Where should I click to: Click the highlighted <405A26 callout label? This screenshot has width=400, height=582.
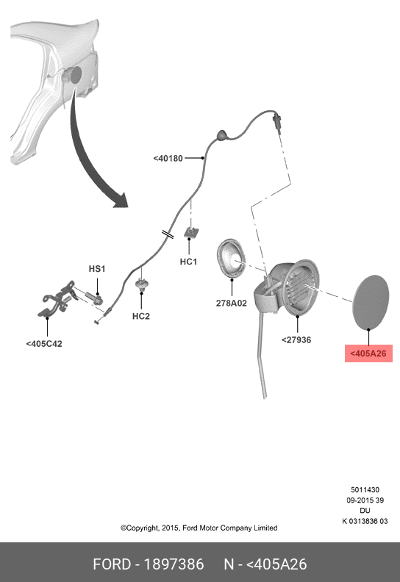pyautogui.click(x=368, y=353)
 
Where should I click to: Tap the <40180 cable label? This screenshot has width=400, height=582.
pyautogui.click(x=168, y=159)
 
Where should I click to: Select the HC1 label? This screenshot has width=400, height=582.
pyautogui.click(x=188, y=262)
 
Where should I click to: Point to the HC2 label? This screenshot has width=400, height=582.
pyautogui.click(x=141, y=316)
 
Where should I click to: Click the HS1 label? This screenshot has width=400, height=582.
pyautogui.click(x=97, y=269)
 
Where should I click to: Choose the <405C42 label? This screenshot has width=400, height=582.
pyautogui.click(x=44, y=344)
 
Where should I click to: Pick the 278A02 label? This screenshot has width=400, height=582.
pyautogui.click(x=232, y=303)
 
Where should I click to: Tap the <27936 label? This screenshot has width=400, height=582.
pyautogui.click(x=296, y=340)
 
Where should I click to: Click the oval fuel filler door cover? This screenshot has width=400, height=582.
pyautogui.click(x=371, y=302)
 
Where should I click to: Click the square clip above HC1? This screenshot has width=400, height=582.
pyautogui.click(x=190, y=233)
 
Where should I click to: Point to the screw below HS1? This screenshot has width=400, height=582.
pyautogui.click(x=95, y=298)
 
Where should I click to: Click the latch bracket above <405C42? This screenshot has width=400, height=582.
pyautogui.click(x=56, y=300)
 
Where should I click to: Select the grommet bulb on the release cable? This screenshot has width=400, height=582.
pyautogui.click(x=221, y=134)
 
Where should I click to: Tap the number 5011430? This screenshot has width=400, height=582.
pyautogui.click(x=365, y=490)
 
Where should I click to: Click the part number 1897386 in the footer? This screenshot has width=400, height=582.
pyautogui.click(x=174, y=564)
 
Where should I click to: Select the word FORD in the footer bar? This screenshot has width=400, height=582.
pyautogui.click(x=112, y=564)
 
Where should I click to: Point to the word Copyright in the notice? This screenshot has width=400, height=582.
pyautogui.click(x=142, y=528)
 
